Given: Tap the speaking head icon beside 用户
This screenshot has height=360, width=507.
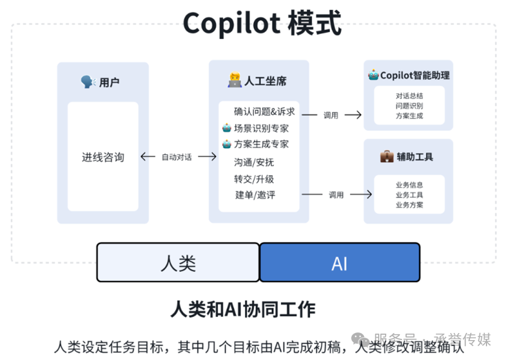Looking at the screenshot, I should click(x=88, y=82).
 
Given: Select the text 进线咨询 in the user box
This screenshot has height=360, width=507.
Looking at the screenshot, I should click(x=103, y=157).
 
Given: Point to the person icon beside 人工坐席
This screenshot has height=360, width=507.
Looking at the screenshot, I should click(x=234, y=81).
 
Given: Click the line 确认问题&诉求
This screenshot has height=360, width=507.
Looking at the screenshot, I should click(x=264, y=111).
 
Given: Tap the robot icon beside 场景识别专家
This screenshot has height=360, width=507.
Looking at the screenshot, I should click(x=226, y=128).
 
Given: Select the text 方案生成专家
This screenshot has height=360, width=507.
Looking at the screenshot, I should click(x=261, y=144).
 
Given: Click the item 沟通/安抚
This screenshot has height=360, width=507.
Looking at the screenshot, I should click(x=254, y=162).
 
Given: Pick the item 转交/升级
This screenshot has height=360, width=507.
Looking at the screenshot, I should click(x=254, y=179).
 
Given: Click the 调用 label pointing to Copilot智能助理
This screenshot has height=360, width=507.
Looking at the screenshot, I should click(x=331, y=116).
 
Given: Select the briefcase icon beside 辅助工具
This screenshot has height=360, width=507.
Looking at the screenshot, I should click(x=387, y=157).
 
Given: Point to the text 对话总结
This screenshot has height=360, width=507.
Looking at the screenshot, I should click(x=409, y=96).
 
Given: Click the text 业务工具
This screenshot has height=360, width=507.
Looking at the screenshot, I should click(x=409, y=195).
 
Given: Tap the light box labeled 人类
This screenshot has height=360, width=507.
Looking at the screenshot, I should click(x=178, y=263).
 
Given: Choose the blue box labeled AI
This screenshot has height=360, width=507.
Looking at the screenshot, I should click(x=340, y=263).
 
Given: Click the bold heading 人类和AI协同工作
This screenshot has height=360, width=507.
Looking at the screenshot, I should click(x=242, y=309).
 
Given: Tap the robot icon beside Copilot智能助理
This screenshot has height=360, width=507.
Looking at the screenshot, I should click(x=373, y=75).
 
